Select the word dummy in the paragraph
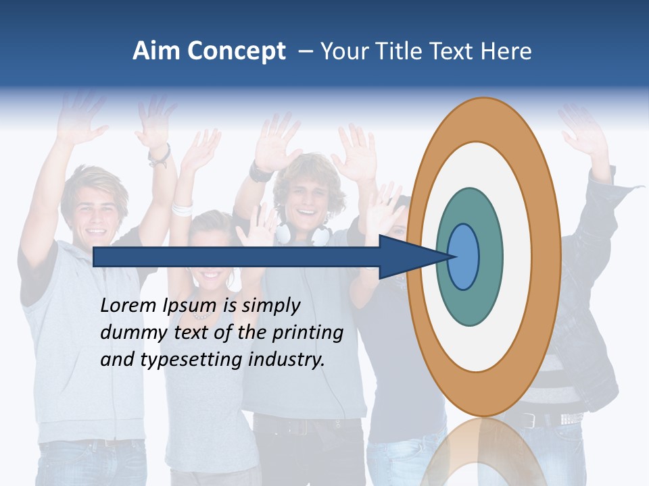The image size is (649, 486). click(x=128, y=333)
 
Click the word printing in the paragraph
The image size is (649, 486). click(x=307, y=333)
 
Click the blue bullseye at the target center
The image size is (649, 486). click(x=463, y=256)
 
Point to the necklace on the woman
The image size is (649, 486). click(x=202, y=315)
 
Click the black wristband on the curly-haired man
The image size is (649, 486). click(x=260, y=172)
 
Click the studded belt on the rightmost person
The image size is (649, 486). click(x=568, y=419)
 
